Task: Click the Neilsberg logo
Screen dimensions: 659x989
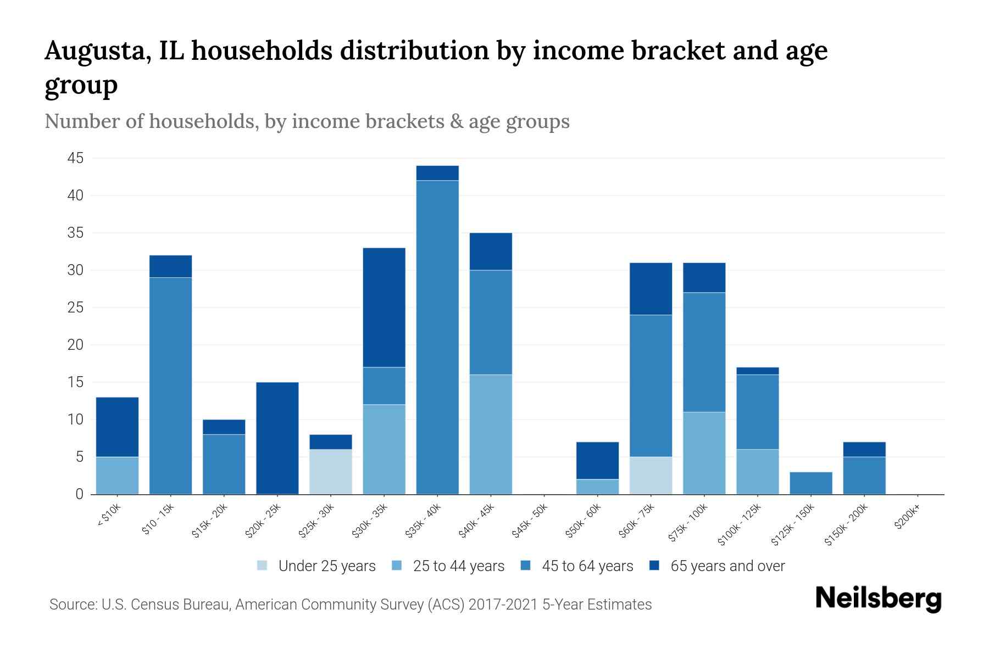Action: [878, 599]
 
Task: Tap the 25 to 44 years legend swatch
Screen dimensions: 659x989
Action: [397, 565]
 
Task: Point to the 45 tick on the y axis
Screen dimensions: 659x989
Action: [75, 158]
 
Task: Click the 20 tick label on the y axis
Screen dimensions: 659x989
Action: [75, 345]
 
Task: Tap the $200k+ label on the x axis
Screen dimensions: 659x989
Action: [907, 517]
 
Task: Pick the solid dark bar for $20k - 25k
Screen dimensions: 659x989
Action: [277, 438]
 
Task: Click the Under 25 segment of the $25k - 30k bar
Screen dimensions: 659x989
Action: [330, 472]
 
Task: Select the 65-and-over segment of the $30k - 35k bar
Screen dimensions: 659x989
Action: [384, 308]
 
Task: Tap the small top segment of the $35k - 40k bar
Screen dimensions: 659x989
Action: [437, 173]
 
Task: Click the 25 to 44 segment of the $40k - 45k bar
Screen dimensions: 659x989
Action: [491, 434]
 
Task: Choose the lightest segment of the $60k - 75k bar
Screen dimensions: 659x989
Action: [651, 476]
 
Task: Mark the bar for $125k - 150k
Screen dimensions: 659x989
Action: [810, 483]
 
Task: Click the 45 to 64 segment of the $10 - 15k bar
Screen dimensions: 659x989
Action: [170, 386]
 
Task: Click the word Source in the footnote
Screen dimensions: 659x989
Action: [71, 605]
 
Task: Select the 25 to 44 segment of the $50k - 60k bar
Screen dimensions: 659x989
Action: [597, 487]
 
